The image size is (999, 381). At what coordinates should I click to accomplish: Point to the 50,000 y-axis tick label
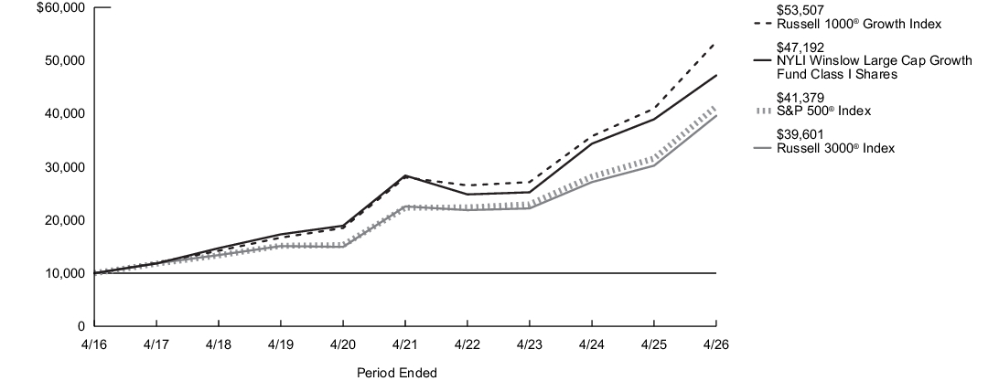(66, 60)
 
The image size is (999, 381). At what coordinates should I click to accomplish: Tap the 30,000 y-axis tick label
(66, 167)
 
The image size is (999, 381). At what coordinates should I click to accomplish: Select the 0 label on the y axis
(81, 326)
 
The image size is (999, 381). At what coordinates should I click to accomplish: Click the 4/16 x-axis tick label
(93, 344)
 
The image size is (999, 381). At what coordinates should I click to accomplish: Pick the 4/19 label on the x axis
(280, 344)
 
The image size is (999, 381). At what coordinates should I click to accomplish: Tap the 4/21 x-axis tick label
(404, 344)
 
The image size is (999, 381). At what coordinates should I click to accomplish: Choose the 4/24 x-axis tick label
(591, 344)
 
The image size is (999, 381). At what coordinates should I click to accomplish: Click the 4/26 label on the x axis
(716, 344)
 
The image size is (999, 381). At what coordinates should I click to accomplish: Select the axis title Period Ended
(397, 373)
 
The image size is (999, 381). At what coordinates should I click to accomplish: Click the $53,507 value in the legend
(800, 10)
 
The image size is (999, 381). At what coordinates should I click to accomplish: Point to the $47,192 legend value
(800, 48)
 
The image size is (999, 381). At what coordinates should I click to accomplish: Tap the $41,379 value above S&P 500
(800, 98)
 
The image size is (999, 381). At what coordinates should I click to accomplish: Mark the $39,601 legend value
(800, 134)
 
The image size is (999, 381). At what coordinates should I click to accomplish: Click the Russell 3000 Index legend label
(835, 148)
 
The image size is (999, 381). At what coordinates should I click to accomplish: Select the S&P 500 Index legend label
(823, 111)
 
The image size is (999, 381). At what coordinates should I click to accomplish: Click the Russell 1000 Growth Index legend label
(859, 24)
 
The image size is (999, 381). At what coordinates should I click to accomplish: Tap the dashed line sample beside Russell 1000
(763, 24)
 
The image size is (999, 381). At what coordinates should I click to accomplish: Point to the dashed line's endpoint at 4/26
(716, 43)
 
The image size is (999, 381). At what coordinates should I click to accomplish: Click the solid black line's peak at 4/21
(405, 175)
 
